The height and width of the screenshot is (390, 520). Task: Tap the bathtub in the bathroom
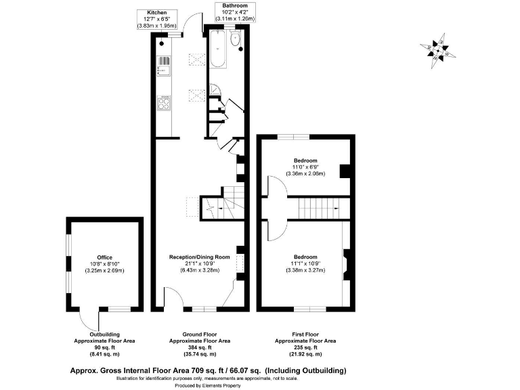coord(218,53)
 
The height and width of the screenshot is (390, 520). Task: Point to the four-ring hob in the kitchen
coord(163,103)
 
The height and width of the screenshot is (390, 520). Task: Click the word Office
coord(104,257)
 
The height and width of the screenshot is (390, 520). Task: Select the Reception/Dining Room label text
coord(200,257)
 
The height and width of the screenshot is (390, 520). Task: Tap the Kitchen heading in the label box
coord(157,12)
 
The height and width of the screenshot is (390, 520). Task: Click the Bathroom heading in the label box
coord(235,5)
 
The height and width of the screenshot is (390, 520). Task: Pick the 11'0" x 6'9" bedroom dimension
coord(304,167)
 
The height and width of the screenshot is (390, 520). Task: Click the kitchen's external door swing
coord(194,24)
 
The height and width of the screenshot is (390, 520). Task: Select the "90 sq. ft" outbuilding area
coord(104,347)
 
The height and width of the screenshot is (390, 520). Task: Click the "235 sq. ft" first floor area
coord(305,347)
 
